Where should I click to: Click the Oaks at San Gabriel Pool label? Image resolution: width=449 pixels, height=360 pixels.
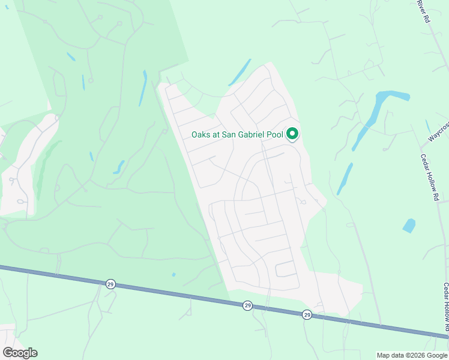pos(238,134)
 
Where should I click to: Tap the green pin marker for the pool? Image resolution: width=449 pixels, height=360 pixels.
pos(292,133)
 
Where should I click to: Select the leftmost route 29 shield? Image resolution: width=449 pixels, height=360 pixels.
pos(110,284)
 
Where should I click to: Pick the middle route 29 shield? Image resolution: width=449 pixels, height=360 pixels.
pos(247,306)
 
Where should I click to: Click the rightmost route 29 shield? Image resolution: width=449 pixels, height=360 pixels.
pos(307,314)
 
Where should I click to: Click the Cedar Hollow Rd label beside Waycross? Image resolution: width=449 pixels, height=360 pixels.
pos(430,174)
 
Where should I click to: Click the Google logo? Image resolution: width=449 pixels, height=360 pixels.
pos(20,352)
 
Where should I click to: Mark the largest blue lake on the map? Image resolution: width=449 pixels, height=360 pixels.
pos(378,111)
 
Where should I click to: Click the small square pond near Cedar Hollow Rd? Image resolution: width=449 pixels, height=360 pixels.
pos(409,226)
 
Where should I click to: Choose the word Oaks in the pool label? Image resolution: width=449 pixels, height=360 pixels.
pos(200,134)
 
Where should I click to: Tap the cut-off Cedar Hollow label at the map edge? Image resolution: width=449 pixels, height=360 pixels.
pos(446,306)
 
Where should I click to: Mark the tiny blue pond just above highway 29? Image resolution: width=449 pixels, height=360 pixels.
pos(173,275)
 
